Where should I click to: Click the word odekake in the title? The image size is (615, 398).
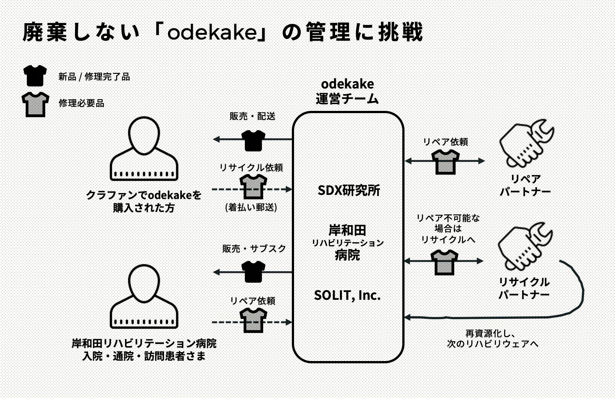click(212, 32)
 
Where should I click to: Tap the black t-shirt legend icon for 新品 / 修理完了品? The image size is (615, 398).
click(35, 75)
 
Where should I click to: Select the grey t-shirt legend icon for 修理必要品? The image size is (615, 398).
click(35, 104)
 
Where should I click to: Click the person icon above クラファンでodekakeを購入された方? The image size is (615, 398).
click(144, 149)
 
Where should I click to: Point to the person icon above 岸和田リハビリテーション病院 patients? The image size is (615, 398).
click(144, 297)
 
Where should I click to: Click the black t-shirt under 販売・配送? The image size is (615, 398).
click(253, 140)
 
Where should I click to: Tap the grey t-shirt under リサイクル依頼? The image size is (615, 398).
click(253, 187)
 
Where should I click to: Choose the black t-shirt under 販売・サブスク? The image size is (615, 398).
click(253, 271)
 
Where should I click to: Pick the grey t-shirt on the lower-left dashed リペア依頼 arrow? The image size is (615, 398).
click(253, 321)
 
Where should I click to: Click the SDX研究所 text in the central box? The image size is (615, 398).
click(349, 190)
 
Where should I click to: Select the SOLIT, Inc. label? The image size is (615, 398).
click(347, 295)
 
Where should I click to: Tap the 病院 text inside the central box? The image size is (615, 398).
click(347, 255)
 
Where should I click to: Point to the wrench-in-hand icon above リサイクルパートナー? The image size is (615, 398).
click(525, 246)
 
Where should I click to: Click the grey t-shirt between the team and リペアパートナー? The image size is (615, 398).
click(446, 162)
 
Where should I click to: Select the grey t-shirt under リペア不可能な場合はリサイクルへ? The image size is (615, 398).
click(444, 262)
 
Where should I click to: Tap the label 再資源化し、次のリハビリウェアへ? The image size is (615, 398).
click(493, 339)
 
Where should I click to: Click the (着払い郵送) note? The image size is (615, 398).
click(251, 207)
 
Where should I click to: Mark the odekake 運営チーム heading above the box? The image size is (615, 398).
click(347, 91)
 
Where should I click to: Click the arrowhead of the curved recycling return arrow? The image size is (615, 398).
click(408, 317)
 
